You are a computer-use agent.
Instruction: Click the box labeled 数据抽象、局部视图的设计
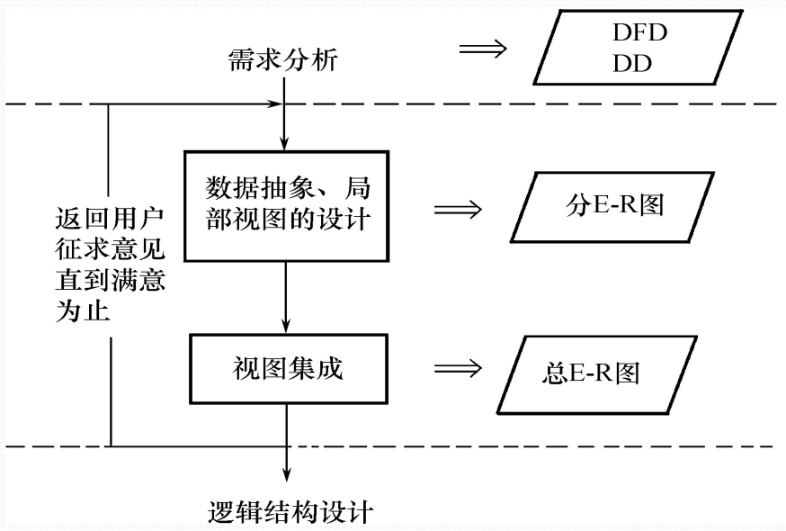click(285, 203)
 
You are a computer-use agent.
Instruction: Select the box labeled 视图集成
click(285, 370)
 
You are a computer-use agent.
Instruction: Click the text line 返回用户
click(109, 219)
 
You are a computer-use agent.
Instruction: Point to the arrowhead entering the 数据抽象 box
click(285, 143)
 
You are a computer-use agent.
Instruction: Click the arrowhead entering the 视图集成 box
click(285, 327)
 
